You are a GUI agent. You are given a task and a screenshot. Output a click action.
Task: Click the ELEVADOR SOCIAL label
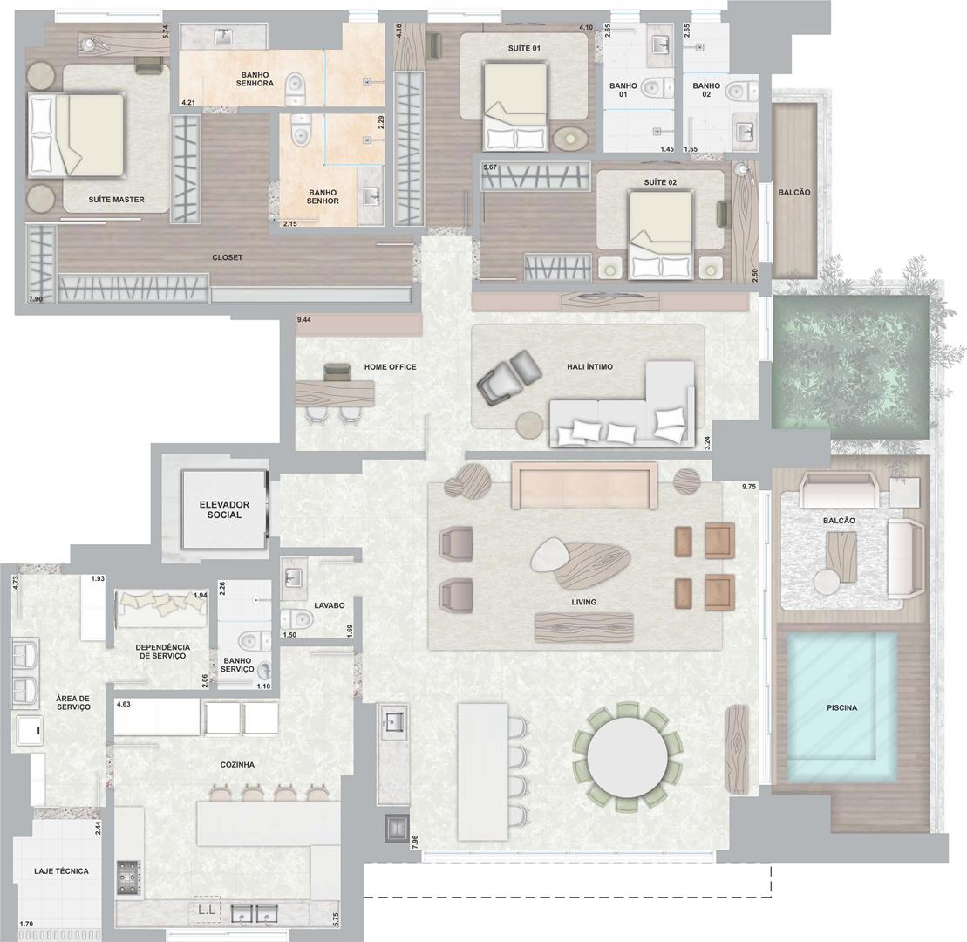(224, 509)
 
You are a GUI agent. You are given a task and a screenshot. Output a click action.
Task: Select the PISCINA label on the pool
(841, 707)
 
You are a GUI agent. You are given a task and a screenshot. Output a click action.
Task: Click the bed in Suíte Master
(77, 134)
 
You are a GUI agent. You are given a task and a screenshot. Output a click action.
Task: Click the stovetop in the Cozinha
(128, 877)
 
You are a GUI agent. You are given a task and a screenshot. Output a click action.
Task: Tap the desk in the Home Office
(334, 393)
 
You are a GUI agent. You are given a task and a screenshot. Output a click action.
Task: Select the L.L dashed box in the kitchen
(207, 910)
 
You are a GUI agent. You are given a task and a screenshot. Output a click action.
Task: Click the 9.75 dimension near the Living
(749, 487)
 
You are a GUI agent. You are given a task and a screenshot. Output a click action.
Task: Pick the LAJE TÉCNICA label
(61, 871)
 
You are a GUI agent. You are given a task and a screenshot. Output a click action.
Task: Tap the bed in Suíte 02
(660, 233)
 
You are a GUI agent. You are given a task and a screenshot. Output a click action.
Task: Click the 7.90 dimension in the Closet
(36, 299)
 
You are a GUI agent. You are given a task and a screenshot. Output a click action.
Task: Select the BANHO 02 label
(706, 90)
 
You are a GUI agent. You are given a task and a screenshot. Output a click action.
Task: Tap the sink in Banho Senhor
(371, 197)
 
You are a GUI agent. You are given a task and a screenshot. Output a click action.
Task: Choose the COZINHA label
(237, 764)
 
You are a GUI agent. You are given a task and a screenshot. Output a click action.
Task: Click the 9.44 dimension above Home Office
(303, 320)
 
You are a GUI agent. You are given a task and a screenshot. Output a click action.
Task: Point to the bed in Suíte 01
(515, 106)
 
